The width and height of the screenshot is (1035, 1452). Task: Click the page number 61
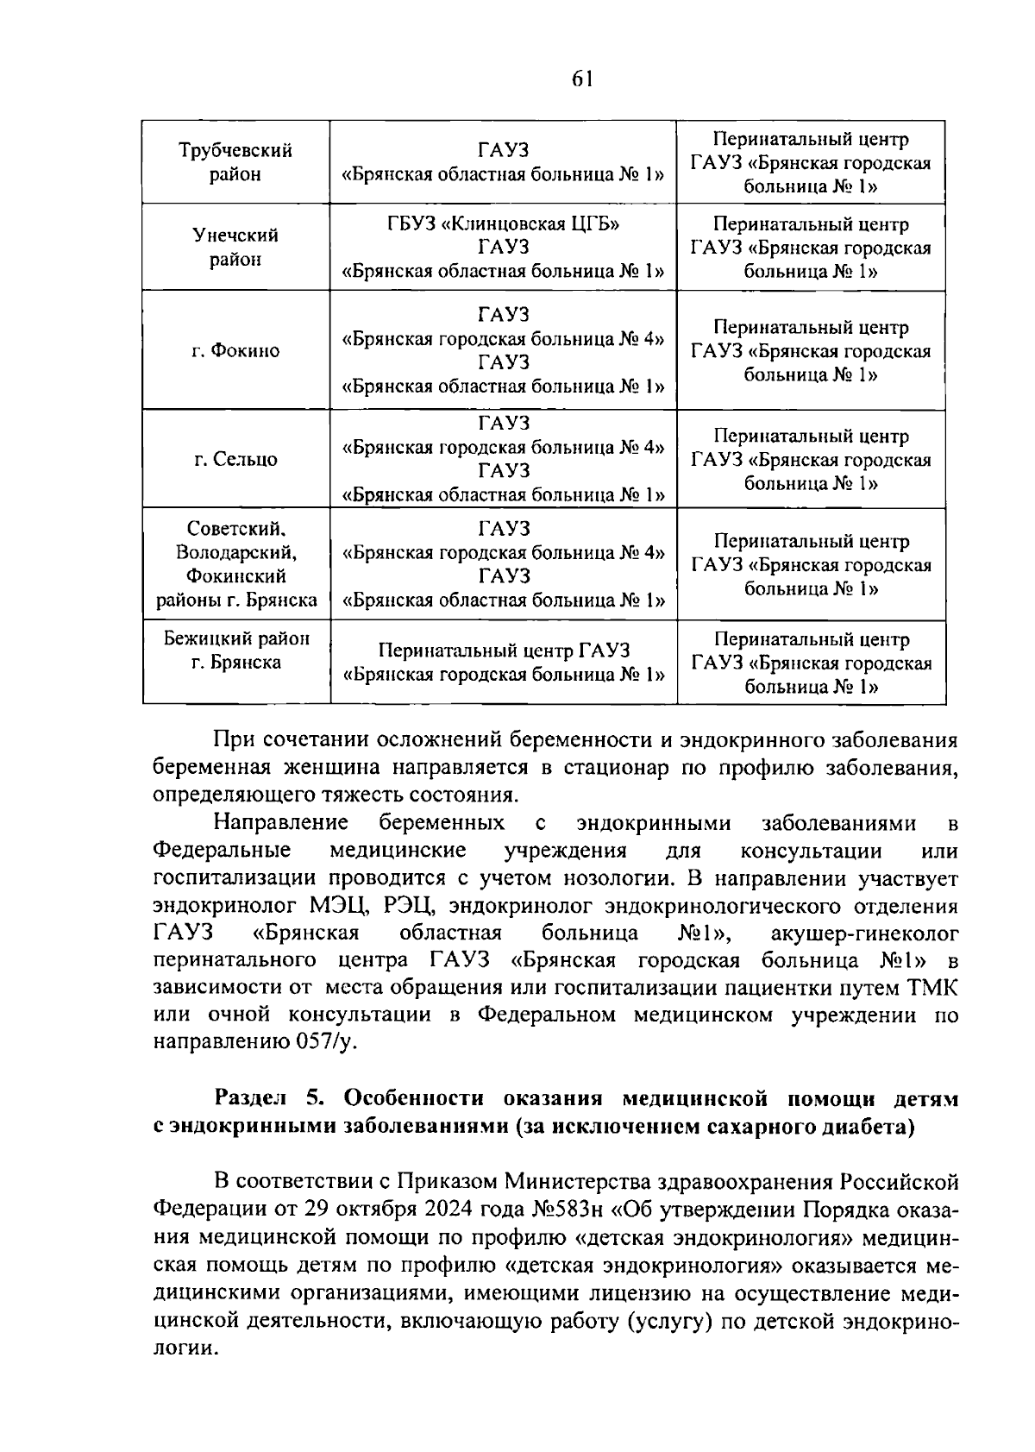pyautogui.click(x=582, y=79)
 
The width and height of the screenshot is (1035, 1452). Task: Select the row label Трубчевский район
pyautogui.click(x=235, y=162)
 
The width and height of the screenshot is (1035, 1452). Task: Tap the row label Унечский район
pyautogui.click(x=235, y=247)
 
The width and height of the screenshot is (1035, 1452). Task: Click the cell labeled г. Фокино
pyautogui.click(x=235, y=350)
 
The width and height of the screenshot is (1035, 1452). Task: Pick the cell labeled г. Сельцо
pyautogui.click(x=235, y=459)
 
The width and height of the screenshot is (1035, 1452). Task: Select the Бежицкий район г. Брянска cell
pyautogui.click(x=235, y=651)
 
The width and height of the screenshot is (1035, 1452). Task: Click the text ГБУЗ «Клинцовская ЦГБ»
pyautogui.click(x=504, y=224)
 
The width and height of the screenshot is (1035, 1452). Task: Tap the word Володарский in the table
pyautogui.click(x=235, y=552)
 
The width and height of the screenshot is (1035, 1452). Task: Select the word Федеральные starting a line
pyautogui.click(x=221, y=850)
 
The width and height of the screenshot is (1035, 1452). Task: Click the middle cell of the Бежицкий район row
pyautogui.click(x=504, y=662)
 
